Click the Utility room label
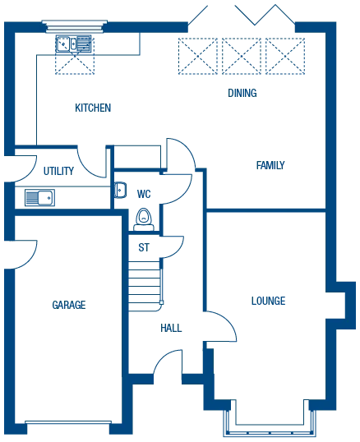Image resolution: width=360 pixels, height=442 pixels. [x=55, y=173]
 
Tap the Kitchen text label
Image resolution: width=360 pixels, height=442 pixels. [x=92, y=106]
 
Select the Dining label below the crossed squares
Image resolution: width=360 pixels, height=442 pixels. [x=239, y=93]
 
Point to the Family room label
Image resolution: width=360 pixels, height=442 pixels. [x=271, y=165]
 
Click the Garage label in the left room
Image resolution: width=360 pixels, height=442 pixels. [x=68, y=303]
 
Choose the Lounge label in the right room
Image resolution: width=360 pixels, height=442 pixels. [x=270, y=302]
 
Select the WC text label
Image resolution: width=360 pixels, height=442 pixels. [x=144, y=194]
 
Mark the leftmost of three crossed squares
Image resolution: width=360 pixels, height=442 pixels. [x=198, y=57]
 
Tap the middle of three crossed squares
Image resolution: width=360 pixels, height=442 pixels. [x=242, y=57]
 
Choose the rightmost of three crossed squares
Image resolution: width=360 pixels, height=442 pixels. [x=286, y=57]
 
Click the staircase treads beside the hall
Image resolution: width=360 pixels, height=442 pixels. [x=144, y=283]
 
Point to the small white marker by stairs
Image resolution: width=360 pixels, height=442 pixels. [x=161, y=302]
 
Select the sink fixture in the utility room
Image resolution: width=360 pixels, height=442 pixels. [x=39, y=198]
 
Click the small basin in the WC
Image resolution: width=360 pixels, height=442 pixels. [x=122, y=191]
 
